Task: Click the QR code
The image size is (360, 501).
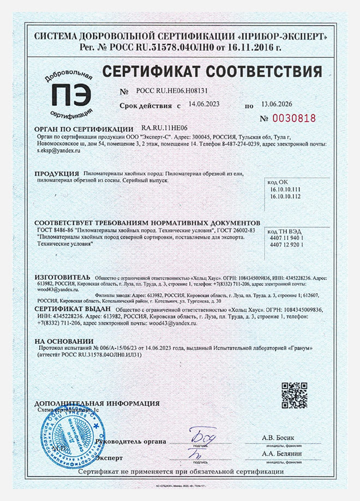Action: click(294, 395)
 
